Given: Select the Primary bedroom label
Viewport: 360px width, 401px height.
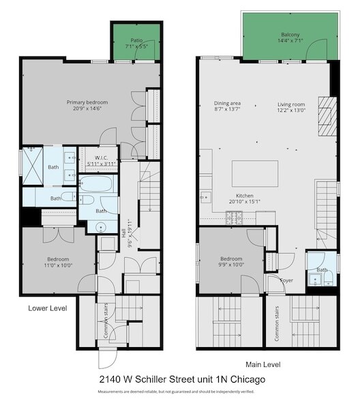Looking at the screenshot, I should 87,106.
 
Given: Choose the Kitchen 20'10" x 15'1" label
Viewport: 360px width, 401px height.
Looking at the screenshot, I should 244,198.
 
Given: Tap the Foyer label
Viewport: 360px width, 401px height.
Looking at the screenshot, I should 286,279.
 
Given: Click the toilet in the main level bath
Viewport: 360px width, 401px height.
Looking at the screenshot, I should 316,278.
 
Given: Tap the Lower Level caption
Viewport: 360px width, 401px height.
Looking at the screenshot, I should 47,308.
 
